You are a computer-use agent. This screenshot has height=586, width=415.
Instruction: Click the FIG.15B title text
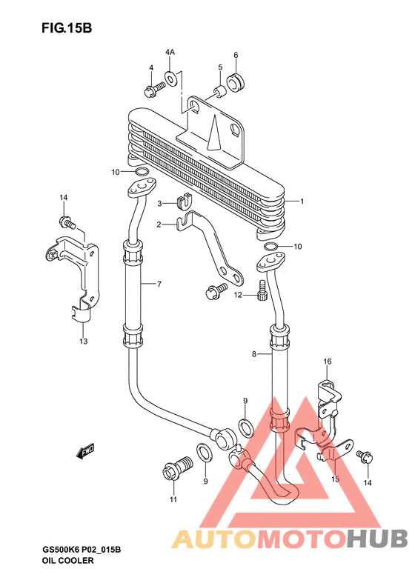[x=67, y=28]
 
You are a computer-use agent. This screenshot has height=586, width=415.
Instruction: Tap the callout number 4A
[x=170, y=52]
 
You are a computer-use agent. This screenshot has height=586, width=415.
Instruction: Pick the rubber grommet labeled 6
[x=236, y=83]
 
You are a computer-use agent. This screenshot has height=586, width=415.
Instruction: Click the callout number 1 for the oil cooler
[x=302, y=202]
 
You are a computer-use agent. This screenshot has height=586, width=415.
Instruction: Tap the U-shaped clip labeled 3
[x=183, y=202]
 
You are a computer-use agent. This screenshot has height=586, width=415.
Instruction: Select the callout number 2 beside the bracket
[x=159, y=224]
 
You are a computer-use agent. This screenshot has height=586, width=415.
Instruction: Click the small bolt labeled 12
[x=262, y=290]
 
